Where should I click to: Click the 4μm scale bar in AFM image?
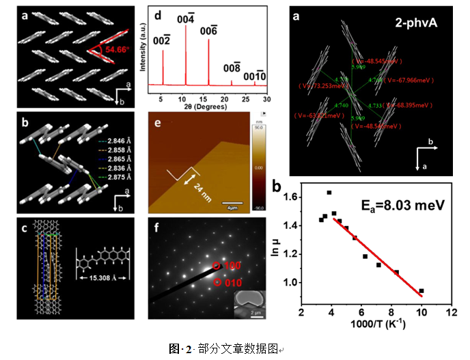pyautogui.click(x=233, y=203)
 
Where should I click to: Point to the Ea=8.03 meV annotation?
pyautogui.click(x=403, y=203)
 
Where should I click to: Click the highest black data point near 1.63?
pyautogui.click(x=329, y=193)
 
